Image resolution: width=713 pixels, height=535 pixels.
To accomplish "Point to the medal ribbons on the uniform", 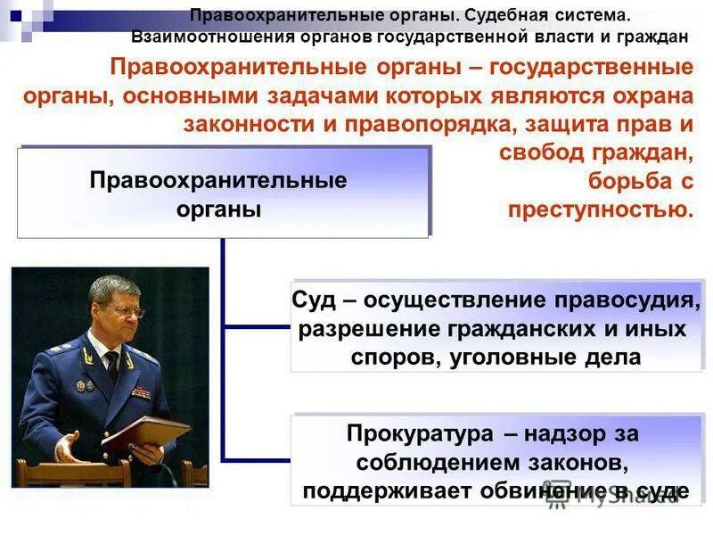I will pyautogui.click(x=141, y=391).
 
